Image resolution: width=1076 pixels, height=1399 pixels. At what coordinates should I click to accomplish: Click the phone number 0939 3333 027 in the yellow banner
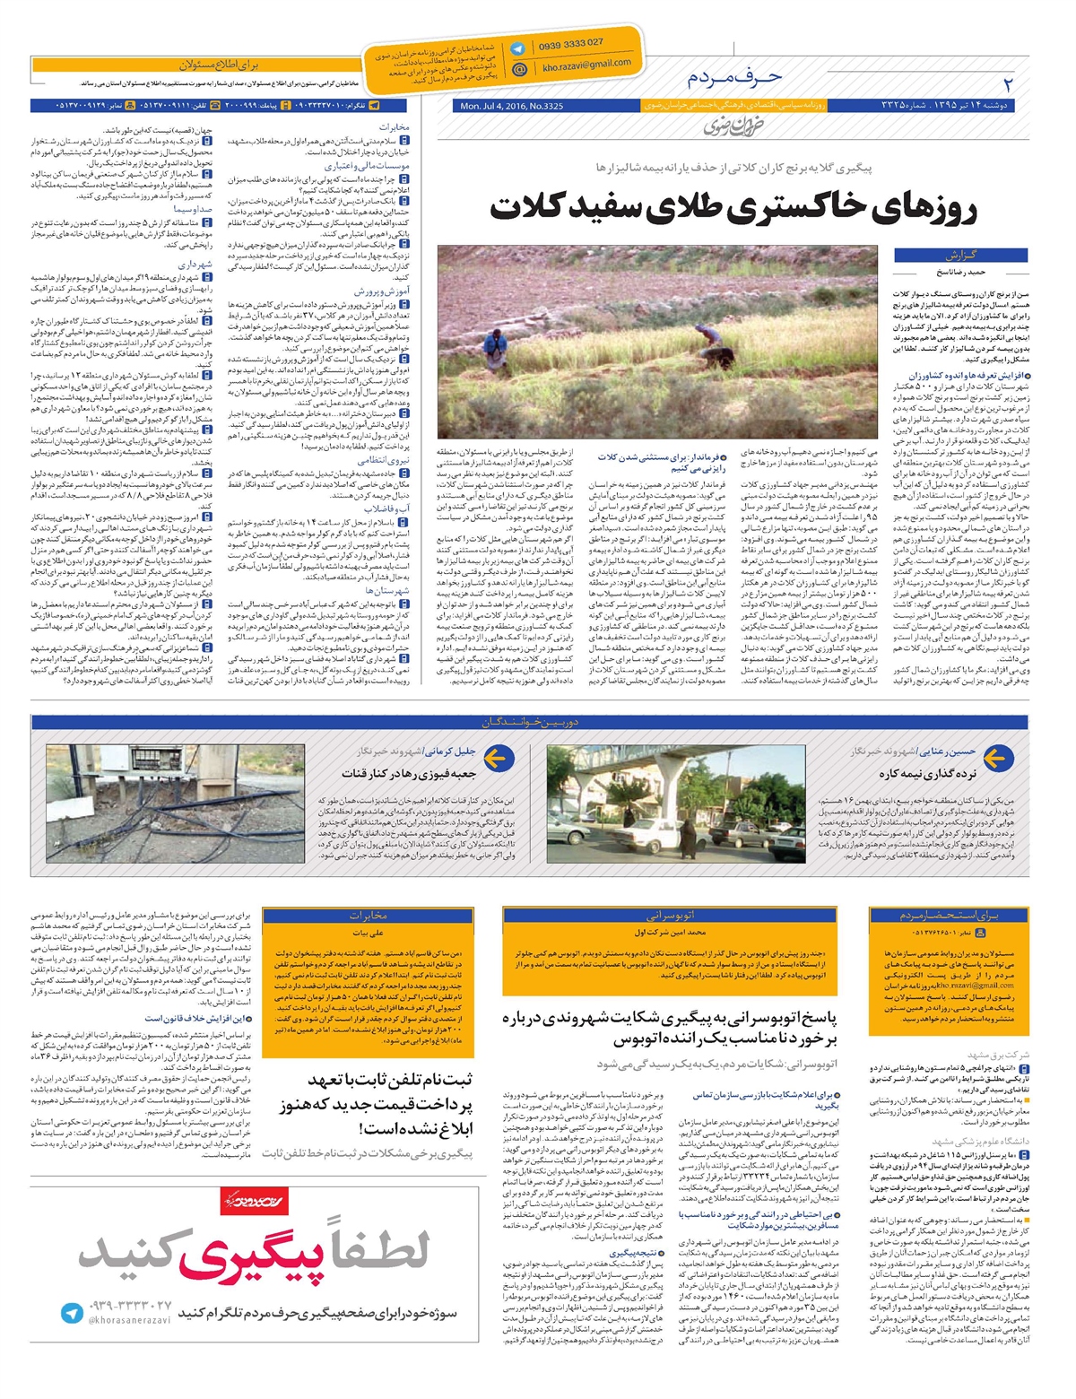pos(570,44)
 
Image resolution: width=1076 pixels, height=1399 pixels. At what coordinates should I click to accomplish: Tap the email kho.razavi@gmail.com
pos(586,65)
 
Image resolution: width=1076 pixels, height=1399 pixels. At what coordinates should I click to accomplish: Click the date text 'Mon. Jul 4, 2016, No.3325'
pos(511,107)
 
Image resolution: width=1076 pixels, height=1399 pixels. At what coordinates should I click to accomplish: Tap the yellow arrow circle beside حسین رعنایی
pos(996,759)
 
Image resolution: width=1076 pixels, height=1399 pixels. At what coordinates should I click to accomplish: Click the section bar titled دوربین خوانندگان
pos(529,722)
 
